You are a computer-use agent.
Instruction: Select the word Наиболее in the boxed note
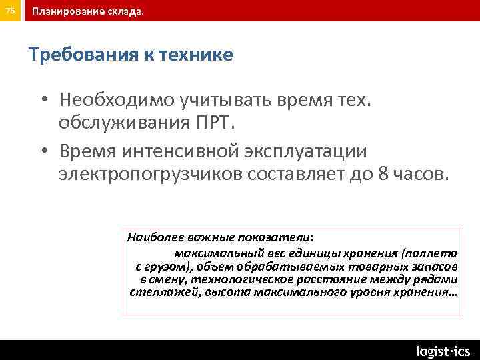[151, 237]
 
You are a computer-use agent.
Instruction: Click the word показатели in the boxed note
[279, 237]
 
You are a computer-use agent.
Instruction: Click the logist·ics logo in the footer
[443, 351]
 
